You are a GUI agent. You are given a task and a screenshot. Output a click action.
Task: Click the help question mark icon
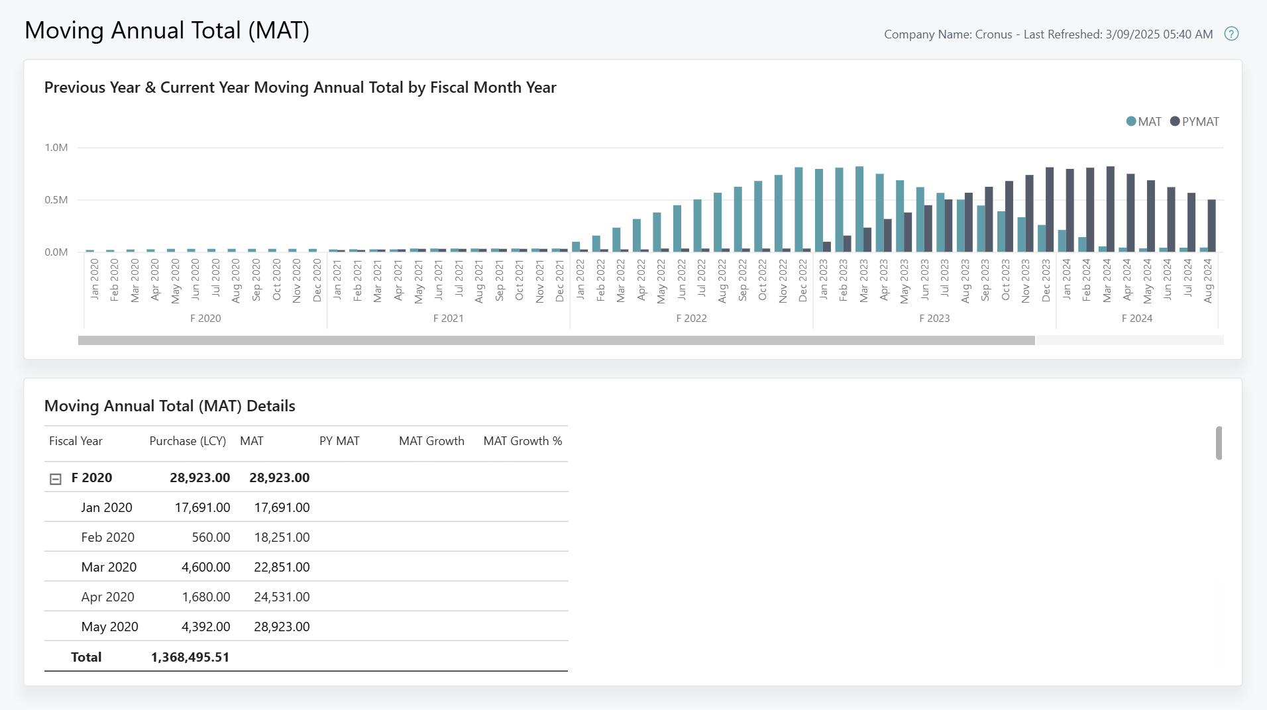click(x=1231, y=34)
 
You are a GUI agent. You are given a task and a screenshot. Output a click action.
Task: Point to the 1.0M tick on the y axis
click(x=56, y=148)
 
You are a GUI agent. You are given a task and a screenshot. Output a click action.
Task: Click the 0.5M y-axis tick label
click(x=56, y=200)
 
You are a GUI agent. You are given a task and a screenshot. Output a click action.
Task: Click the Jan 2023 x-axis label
click(x=823, y=280)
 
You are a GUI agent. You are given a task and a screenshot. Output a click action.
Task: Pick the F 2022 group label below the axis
click(x=691, y=319)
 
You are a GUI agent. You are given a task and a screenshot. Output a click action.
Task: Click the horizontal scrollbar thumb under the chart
click(x=557, y=340)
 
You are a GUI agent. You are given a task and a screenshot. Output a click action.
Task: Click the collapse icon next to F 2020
click(x=56, y=479)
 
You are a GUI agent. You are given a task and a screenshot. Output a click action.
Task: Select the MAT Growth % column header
click(x=522, y=441)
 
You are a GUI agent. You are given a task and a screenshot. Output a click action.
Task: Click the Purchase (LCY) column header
click(x=188, y=441)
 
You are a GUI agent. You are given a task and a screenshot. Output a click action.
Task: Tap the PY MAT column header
click(x=339, y=441)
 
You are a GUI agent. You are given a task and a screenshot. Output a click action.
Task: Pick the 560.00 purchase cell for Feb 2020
click(x=211, y=537)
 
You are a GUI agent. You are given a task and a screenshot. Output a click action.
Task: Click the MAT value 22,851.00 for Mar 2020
click(x=282, y=567)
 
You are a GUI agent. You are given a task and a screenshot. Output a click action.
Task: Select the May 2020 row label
click(x=109, y=627)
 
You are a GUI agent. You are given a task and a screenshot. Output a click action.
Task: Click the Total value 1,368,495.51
click(x=190, y=657)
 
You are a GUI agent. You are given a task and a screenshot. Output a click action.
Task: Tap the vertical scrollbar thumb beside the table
click(x=1219, y=443)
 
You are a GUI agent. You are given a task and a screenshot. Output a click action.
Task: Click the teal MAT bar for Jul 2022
click(x=697, y=225)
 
